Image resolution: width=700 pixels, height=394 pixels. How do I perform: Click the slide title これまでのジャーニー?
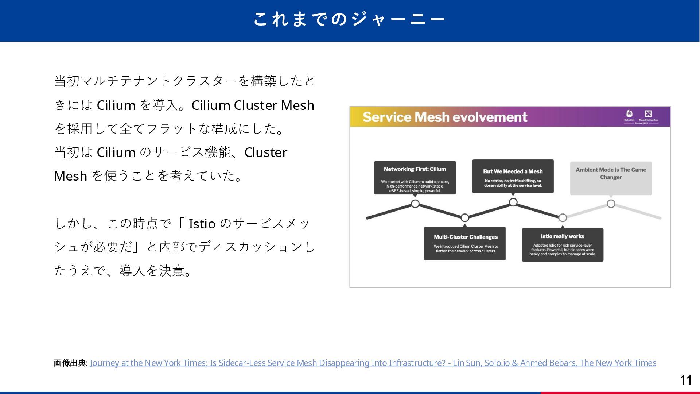(349, 19)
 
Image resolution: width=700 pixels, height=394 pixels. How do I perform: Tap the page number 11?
(686, 380)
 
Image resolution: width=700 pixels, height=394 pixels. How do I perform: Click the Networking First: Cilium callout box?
(415, 178)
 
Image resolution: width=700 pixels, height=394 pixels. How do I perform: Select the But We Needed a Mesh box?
(513, 176)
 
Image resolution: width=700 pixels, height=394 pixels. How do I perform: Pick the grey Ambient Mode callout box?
(611, 178)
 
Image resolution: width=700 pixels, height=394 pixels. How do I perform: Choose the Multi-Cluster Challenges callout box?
(465, 243)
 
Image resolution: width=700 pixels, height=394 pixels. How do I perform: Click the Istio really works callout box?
(563, 245)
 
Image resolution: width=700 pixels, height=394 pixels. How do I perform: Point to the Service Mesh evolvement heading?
(445, 117)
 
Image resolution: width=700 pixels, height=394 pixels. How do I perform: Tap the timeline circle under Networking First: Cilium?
(415, 204)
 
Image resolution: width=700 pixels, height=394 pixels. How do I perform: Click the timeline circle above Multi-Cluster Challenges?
(465, 218)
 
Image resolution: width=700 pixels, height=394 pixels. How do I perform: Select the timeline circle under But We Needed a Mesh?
(513, 202)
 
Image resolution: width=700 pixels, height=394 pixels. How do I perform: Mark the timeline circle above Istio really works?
(563, 218)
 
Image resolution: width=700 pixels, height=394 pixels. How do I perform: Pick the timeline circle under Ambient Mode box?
(611, 204)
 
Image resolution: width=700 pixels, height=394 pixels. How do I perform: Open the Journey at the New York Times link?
(373, 363)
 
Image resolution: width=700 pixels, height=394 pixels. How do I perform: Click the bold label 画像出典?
(70, 363)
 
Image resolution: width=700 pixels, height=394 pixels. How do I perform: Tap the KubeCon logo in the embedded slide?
(629, 115)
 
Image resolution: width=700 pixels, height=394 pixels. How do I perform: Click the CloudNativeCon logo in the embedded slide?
(648, 115)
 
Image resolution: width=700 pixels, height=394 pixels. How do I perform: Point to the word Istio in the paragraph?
(202, 224)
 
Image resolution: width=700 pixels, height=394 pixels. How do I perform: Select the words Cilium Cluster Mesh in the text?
(253, 105)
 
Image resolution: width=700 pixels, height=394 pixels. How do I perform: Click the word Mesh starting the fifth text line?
(70, 176)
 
